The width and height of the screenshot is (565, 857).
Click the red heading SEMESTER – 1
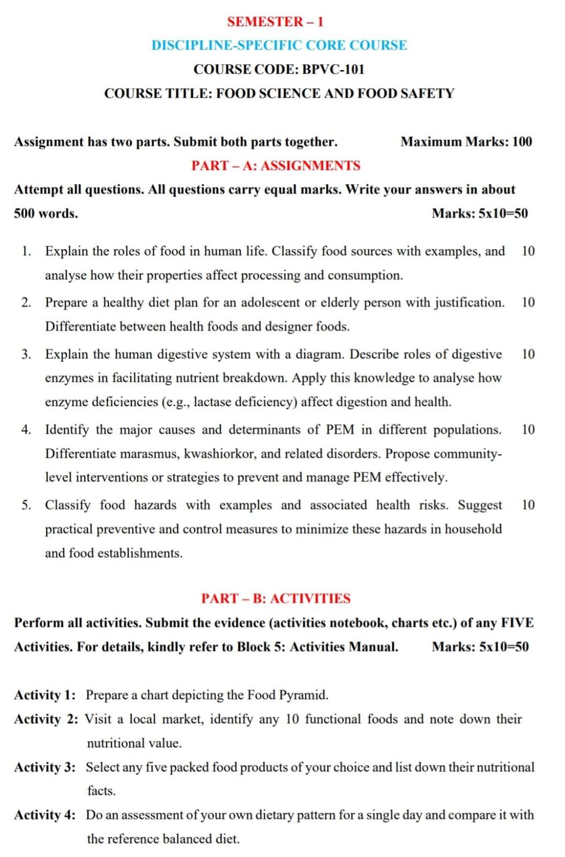point(275,22)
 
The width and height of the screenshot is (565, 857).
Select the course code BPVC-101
point(333,70)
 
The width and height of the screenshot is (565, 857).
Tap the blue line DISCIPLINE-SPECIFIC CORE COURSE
point(279,46)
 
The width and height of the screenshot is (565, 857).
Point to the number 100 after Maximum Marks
point(522,142)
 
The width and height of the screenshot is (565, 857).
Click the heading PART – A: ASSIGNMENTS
point(276,166)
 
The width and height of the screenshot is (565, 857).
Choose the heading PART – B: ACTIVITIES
point(276,598)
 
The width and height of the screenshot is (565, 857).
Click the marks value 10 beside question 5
point(528,505)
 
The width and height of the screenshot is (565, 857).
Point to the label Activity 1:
point(44,695)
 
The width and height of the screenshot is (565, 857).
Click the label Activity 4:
point(44,815)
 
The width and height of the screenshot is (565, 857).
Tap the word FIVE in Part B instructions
point(517,623)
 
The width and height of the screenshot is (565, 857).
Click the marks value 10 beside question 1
point(528,251)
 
